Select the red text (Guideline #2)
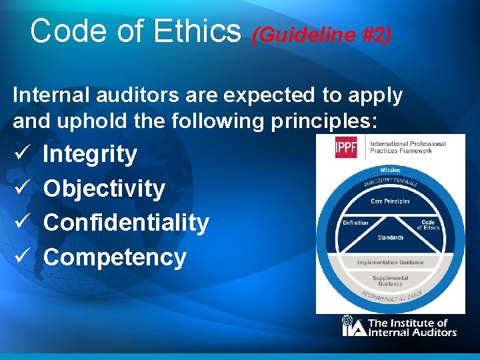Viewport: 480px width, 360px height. pos(321,35)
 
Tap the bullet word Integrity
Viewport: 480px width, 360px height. pos(90,154)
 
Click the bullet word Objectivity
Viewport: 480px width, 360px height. pos(104,189)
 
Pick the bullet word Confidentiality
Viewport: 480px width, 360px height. pos(126,223)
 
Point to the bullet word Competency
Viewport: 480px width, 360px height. pos(115,257)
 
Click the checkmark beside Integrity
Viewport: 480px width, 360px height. pos(20,154)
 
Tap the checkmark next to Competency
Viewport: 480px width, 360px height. pos(20,257)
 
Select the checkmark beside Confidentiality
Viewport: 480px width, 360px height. pos(20,223)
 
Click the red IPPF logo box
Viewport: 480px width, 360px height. pos(346,147)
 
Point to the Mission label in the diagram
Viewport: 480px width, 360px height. pos(390,170)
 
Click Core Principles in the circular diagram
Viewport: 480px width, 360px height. pos(390,201)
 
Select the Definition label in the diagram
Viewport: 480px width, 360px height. pos(355,223)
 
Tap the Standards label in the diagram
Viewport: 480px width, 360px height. pos(390,237)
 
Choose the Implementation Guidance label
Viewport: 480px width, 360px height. pos(390,262)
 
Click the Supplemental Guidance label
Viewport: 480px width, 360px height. pos(390,280)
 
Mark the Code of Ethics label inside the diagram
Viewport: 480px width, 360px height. pos(428,225)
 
